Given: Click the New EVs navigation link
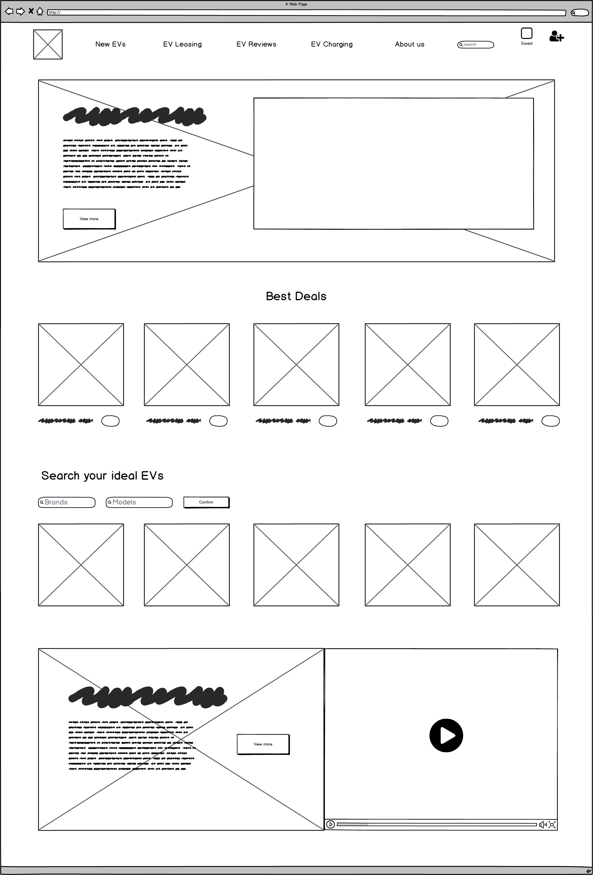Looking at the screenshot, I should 110,44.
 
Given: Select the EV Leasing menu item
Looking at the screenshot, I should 182,44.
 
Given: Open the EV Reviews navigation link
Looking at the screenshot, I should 256,44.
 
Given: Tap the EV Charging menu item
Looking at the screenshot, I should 332,44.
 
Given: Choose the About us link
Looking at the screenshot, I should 409,44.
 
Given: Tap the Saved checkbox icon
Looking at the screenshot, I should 526,33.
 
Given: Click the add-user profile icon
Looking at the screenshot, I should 556,36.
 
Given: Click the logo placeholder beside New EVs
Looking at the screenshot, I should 48,44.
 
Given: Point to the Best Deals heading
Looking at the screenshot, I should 296,296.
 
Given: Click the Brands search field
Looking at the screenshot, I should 67,502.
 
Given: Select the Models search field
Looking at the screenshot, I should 139,502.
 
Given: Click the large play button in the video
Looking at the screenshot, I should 446,735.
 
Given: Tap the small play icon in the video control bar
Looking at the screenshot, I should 331,824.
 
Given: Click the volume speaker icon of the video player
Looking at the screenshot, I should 542,824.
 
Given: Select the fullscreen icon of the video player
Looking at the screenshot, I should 552,824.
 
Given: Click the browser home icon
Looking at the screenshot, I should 40,12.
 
